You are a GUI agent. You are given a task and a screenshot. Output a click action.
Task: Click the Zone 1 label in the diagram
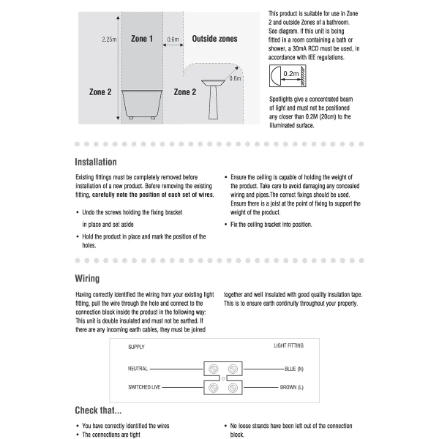141,38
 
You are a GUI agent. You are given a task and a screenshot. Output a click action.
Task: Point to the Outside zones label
214,38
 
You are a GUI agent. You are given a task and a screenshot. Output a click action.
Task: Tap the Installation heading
96,162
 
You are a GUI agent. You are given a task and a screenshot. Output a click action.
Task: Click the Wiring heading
87,279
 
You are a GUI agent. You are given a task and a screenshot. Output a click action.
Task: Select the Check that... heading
98,410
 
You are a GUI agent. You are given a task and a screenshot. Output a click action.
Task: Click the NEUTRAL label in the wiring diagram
138,369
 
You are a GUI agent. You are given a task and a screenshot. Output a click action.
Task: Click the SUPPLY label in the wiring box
136,346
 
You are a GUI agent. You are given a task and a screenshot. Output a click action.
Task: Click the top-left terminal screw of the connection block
214,369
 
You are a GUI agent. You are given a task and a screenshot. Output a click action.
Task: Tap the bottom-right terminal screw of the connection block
233,386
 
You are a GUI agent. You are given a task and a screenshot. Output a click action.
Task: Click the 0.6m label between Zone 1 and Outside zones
173,40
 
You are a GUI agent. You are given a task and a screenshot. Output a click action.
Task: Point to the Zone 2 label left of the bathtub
100,92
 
